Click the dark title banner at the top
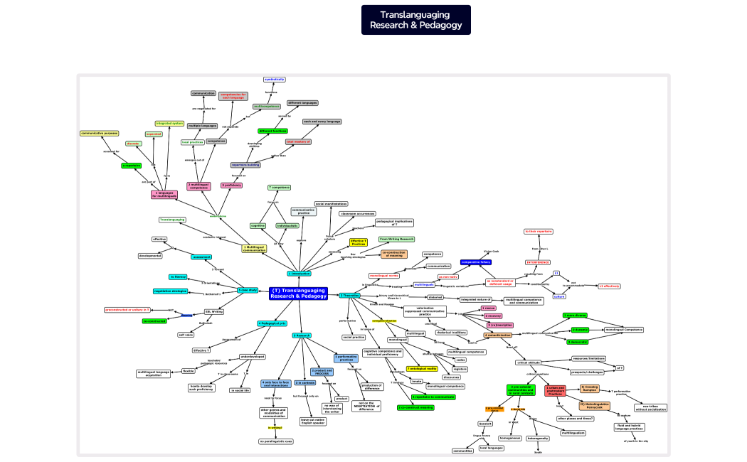[415, 20]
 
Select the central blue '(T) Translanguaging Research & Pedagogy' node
[298, 294]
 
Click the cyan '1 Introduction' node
[300, 273]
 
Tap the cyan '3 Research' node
[302, 335]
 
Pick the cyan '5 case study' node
[248, 290]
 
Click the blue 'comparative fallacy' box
[476, 262]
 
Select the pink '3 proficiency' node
[231, 185]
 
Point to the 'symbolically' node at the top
[275, 79]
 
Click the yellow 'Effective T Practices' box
[359, 242]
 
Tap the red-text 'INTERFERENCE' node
[538, 262]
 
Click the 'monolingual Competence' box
[624, 330]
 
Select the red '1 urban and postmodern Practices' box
[555, 390]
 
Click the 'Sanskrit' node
[485, 423]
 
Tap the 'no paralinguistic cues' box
[275, 441]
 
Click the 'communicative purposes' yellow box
[99, 133]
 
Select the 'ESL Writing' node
[214, 311]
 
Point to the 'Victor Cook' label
[491, 251]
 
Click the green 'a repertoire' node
[132, 166]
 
